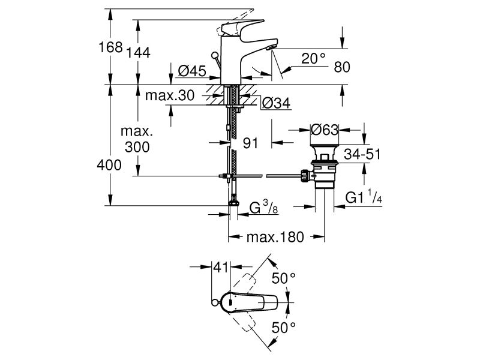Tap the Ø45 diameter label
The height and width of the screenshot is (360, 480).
193,71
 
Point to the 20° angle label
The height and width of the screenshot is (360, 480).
313,58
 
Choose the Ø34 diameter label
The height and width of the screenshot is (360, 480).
275,104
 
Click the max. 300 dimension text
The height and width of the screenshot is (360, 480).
137,139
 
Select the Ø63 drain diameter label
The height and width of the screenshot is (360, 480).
325,129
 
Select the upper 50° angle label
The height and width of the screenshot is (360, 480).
284,278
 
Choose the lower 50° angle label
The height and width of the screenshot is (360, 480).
284,327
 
